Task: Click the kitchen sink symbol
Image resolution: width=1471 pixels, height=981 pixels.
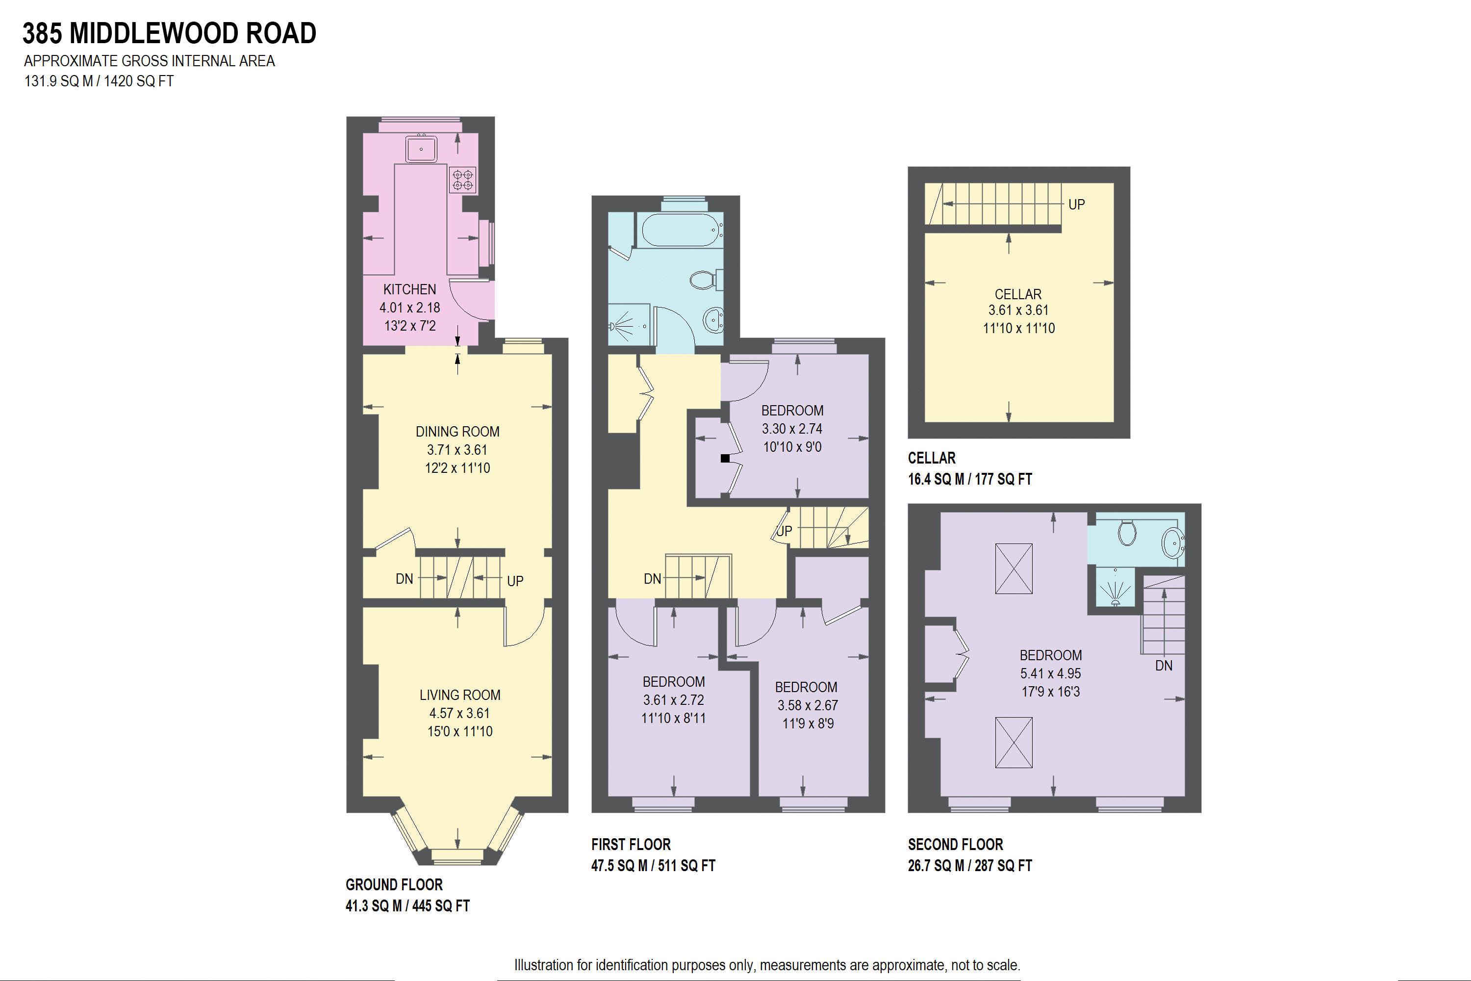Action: click(421, 149)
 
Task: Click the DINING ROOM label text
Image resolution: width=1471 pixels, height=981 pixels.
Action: click(457, 432)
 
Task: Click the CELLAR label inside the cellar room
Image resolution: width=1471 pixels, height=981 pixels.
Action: click(1017, 294)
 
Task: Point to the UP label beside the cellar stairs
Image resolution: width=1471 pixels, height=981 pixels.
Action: click(1076, 205)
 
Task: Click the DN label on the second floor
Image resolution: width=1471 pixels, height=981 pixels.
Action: click(1163, 666)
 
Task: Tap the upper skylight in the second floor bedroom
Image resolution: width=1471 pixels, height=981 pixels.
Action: click(1014, 568)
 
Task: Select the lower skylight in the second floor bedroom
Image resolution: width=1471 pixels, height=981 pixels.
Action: click(1014, 742)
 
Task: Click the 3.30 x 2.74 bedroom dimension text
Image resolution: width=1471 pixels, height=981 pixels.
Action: click(792, 429)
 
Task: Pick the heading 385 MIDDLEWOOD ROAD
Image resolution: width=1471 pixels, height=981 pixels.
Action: click(170, 33)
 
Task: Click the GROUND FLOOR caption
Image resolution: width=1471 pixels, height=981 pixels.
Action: click(394, 885)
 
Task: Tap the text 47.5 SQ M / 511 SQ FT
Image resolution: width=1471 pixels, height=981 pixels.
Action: click(653, 866)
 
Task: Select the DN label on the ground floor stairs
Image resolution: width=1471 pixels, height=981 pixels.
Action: click(404, 579)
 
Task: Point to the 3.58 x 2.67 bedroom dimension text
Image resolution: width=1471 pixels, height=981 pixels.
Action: click(807, 705)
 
